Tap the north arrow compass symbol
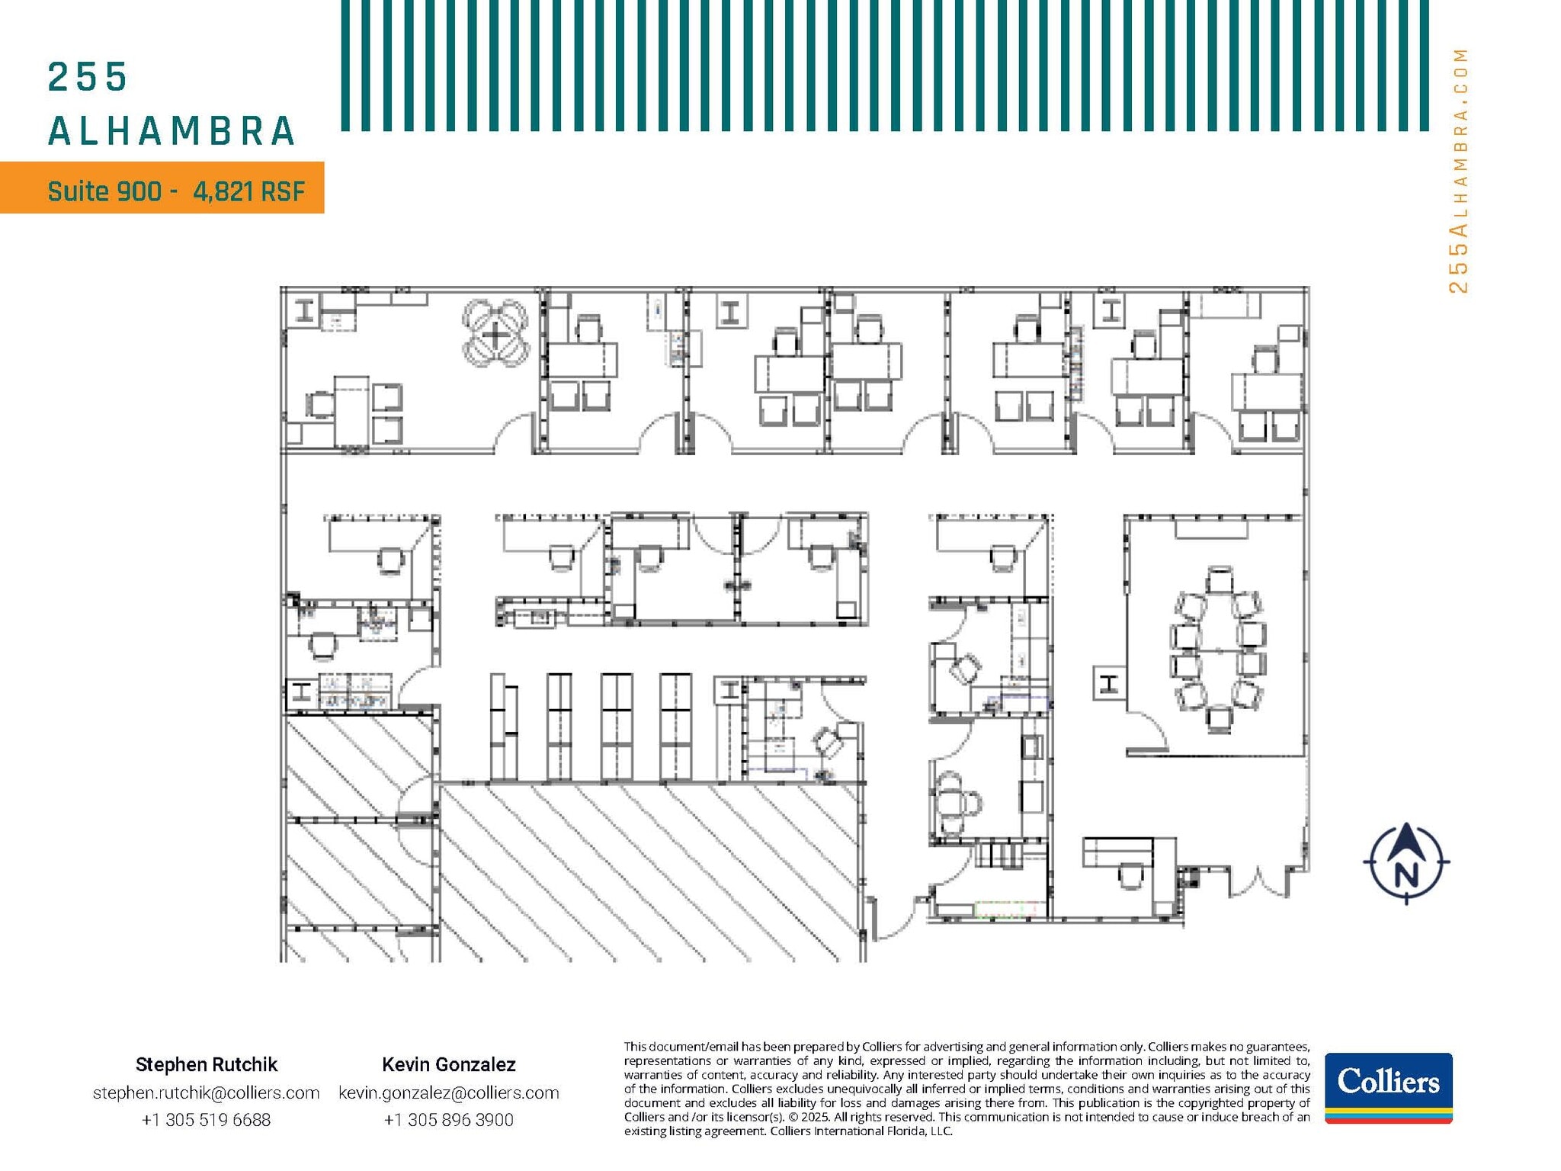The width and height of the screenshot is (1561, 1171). (x=1406, y=863)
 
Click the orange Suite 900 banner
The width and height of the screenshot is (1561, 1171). (x=162, y=188)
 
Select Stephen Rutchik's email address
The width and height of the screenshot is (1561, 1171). (x=206, y=1092)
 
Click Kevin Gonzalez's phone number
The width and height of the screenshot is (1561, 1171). (x=448, y=1120)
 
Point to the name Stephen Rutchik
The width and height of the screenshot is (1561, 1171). (x=206, y=1064)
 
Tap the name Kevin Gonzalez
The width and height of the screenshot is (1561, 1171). (x=448, y=1064)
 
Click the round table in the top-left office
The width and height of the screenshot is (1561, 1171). (x=495, y=335)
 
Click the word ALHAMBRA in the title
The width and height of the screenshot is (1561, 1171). (x=171, y=131)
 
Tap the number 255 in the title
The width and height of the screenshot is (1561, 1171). (x=87, y=78)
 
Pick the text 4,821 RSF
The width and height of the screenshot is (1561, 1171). (x=248, y=191)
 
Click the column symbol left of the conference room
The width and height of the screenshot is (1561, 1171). (x=1109, y=683)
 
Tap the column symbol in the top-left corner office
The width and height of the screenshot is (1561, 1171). (x=305, y=310)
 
